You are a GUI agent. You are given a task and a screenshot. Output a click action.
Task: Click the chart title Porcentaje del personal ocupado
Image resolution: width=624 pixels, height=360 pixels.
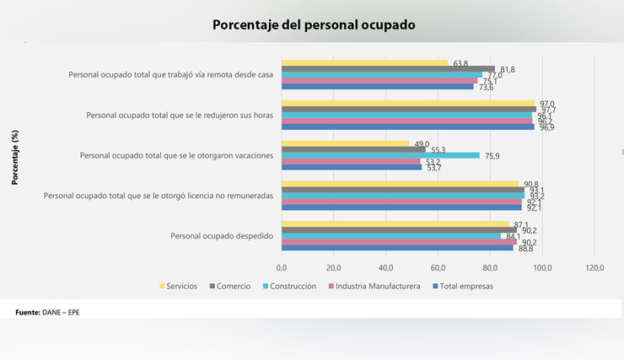pyautogui.click(x=314, y=25)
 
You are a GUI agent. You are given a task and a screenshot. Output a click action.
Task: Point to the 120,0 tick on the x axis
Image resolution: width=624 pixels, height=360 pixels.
pyautogui.click(x=594, y=267)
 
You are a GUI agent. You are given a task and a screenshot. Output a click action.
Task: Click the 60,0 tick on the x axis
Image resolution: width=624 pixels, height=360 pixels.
pyautogui.click(x=438, y=267)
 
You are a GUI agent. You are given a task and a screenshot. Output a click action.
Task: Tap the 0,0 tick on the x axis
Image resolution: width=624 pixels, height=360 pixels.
pyautogui.click(x=282, y=267)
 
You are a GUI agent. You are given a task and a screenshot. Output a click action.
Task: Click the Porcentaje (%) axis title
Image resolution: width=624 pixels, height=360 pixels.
pyautogui.click(x=15, y=157)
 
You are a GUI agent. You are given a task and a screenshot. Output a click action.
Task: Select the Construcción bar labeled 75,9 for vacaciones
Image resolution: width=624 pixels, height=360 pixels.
pyautogui.click(x=380, y=155)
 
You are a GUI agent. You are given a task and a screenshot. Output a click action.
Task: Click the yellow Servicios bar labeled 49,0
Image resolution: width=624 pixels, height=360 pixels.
pyautogui.click(x=345, y=143)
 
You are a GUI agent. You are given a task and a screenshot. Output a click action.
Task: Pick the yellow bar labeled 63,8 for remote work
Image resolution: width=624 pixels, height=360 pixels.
pyautogui.click(x=364, y=63)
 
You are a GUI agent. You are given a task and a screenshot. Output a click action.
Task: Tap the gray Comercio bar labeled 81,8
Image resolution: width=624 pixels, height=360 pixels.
pyautogui.click(x=388, y=69)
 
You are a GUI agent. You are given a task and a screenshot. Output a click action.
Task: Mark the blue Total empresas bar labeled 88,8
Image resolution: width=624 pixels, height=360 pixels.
pyautogui.click(x=397, y=248)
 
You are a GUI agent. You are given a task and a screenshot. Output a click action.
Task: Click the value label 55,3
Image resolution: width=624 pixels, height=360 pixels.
pyautogui.click(x=438, y=149)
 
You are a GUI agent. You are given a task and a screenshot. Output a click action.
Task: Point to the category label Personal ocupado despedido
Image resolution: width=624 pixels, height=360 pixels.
pyautogui.click(x=222, y=235)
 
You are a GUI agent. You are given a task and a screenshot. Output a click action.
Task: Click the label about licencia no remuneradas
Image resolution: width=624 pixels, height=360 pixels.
pyautogui.click(x=159, y=196)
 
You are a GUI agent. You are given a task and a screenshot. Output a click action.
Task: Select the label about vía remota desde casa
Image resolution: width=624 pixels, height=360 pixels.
pyautogui.click(x=171, y=75)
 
